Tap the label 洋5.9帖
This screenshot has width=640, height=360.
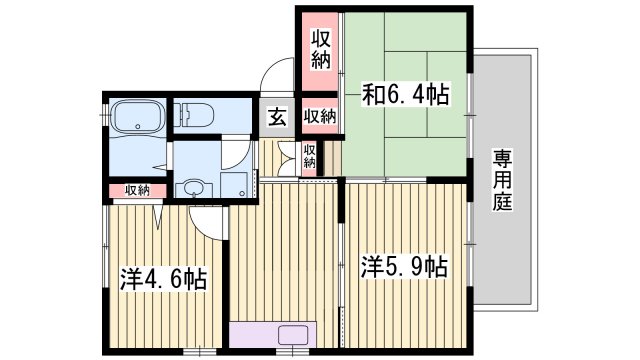(403, 267)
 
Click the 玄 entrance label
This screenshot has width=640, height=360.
(277, 116)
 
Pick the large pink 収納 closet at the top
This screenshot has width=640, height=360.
(319, 50)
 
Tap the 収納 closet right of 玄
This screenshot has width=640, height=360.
(319, 117)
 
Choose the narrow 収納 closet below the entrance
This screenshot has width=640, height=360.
(310, 156)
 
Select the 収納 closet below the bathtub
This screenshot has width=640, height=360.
(137, 190)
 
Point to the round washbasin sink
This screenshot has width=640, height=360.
(191, 187)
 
